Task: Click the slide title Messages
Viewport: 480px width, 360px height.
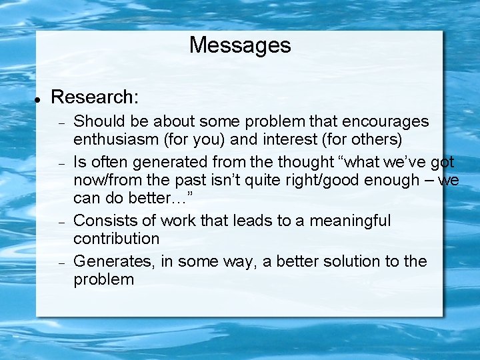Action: [240, 45]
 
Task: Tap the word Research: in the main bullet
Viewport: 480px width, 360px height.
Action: [95, 97]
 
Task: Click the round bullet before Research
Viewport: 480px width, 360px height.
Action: [39, 98]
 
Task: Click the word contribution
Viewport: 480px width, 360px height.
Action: [117, 239]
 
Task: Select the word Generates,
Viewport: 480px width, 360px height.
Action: [114, 261]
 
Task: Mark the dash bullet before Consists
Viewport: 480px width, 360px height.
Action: [60, 222]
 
